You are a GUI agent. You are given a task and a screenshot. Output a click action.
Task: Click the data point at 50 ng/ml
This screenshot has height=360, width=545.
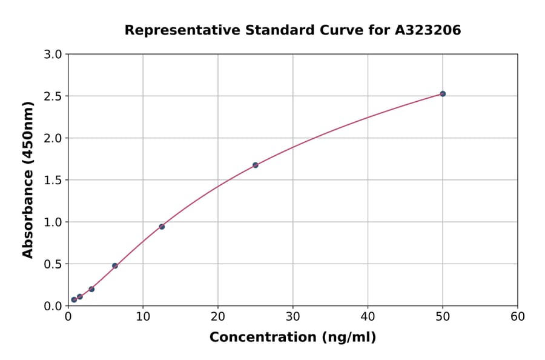coord(443,94)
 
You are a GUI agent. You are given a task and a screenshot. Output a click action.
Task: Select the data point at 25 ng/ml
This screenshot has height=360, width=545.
coord(256,165)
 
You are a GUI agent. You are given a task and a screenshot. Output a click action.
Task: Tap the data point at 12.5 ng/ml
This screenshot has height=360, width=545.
coord(162,227)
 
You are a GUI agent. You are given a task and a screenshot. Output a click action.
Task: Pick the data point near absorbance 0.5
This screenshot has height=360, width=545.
coord(115,265)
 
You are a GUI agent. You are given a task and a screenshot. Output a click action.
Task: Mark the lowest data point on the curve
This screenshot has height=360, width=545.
coord(74,299)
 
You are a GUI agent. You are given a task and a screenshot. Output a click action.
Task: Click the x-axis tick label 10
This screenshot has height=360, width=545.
coord(143,316)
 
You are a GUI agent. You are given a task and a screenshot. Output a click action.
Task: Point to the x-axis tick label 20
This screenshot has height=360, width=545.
coord(218,316)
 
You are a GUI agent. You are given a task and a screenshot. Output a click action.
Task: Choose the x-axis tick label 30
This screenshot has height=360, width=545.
coord(292,316)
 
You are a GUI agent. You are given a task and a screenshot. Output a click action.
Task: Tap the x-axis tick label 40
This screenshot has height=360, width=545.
coord(368,316)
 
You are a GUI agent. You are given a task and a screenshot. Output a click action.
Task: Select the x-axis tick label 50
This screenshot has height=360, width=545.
coord(443,316)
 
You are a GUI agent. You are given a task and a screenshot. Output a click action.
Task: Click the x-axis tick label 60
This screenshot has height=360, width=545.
coord(517,316)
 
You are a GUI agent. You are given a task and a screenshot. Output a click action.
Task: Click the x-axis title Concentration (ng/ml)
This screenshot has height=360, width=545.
coord(292,338)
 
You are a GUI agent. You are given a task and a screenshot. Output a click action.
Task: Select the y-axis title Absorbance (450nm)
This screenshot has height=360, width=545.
coord(28,180)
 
